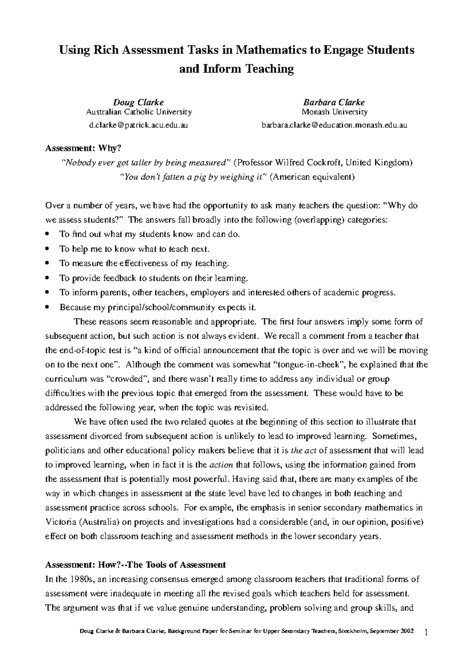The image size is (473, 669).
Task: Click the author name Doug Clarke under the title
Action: click(139, 102)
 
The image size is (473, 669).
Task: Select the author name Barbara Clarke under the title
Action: click(334, 102)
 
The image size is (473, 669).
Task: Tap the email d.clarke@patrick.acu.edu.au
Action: click(138, 125)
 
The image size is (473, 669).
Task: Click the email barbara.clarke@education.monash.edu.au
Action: click(334, 125)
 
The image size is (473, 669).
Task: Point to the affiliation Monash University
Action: click(334, 112)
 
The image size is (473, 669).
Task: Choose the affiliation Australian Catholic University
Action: click(139, 112)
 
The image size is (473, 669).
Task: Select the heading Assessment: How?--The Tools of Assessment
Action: click(135, 565)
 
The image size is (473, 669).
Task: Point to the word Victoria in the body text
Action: click(59, 522)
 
